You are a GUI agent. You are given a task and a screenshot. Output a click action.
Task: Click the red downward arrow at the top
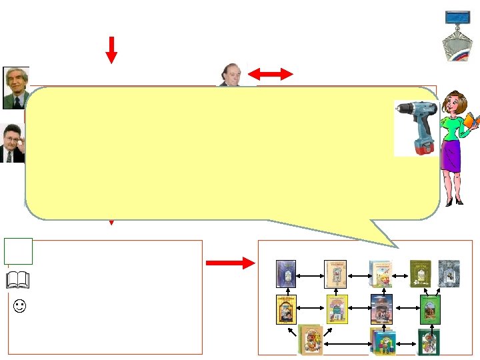point(111,49)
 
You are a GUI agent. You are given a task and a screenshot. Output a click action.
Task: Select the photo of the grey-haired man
point(16,87)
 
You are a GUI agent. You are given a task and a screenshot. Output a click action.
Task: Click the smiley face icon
point(21,307)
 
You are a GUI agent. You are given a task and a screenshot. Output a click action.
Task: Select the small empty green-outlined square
point(17,251)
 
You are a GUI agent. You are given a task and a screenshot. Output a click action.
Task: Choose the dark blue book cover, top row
point(286,273)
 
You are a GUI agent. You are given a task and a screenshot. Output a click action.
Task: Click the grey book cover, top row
point(449,273)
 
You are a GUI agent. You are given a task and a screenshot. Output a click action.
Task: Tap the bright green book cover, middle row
point(429,308)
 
